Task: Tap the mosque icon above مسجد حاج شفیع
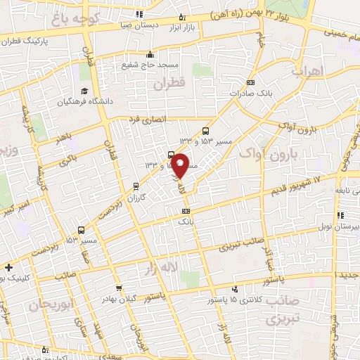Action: pos(149,55)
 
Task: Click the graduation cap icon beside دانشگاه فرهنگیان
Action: pos(84,91)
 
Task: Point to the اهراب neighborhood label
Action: pos(307,72)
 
